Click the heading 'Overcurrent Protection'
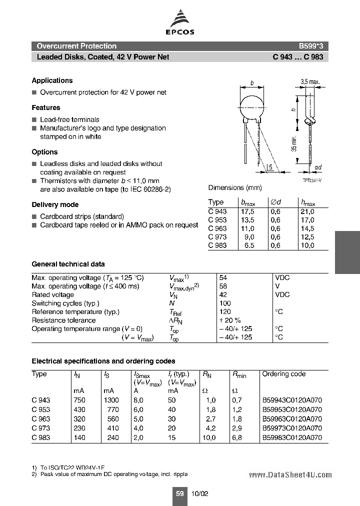coord(76,46)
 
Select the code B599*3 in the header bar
coord(311,46)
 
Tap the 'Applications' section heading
coord(52,80)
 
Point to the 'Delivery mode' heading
coord(55,204)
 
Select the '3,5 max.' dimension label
coord(310,81)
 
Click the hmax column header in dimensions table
coord(307,202)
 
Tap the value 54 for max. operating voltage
coord(223,277)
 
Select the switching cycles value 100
coord(225,303)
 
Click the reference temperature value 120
coord(225,311)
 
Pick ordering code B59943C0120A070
coord(292,400)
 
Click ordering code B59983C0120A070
coord(292,437)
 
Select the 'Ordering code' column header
coord(283,374)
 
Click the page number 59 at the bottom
coord(179,493)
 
